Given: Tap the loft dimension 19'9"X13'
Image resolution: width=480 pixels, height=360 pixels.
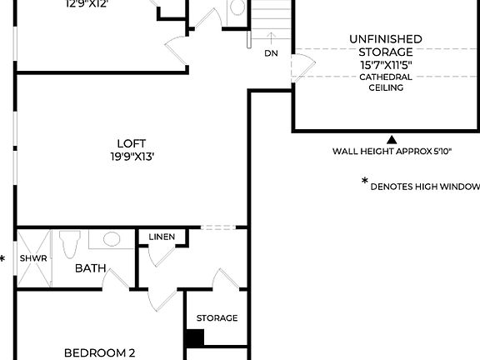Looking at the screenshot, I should pyautogui.click(x=132, y=156).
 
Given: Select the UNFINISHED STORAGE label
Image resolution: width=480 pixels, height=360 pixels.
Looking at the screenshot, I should pyautogui.click(x=386, y=45).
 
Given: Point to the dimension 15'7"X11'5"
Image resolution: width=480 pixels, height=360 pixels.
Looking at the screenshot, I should pyautogui.click(x=386, y=64).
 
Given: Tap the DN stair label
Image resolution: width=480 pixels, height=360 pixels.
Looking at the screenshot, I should pyautogui.click(x=271, y=53).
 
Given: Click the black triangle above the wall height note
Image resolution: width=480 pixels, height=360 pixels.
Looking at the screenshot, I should pyautogui.click(x=392, y=139).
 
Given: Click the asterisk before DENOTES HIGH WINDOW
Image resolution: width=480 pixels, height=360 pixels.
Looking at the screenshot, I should pyautogui.click(x=364, y=182).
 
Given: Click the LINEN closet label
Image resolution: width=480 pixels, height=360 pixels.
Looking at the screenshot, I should pyautogui.click(x=162, y=237).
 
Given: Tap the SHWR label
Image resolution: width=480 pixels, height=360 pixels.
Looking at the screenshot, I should pyautogui.click(x=33, y=258).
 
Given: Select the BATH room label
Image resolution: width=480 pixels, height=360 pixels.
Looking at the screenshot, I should pyautogui.click(x=90, y=268).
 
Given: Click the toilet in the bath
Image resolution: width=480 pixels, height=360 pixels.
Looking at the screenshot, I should pyautogui.click(x=68, y=244).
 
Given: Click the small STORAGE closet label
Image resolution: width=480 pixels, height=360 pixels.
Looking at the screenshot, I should pyautogui.click(x=217, y=318).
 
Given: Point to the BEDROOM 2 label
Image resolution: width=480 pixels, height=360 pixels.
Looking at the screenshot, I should pyautogui.click(x=100, y=352).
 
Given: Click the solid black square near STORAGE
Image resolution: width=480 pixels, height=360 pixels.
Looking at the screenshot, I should pyautogui.click(x=194, y=338).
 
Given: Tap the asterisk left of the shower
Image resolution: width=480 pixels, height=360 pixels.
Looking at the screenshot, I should pyautogui.click(x=3, y=259).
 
